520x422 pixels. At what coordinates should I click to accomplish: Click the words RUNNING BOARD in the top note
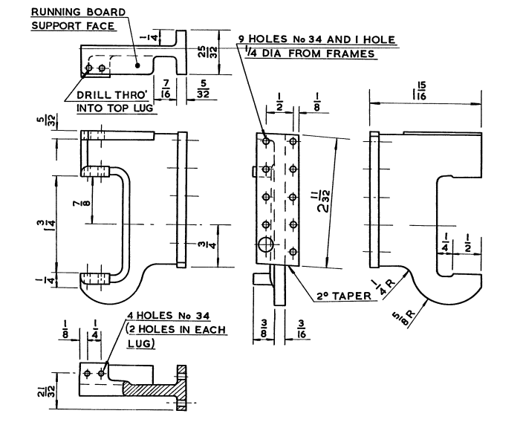click(77, 12)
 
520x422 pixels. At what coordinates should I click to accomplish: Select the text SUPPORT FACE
click(73, 26)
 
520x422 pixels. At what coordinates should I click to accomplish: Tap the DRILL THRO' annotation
click(108, 96)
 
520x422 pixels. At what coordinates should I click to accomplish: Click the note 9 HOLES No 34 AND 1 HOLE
click(316, 39)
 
